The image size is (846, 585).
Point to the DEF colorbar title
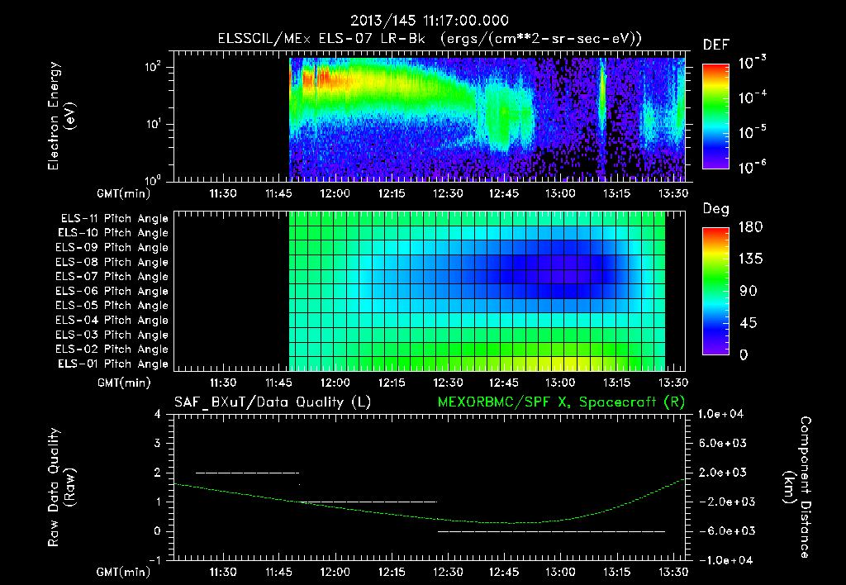tap(715, 45)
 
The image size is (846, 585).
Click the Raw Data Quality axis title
tap(61, 487)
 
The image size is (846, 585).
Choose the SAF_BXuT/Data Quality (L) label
tap(272, 402)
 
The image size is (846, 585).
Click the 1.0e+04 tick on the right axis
tap(723, 414)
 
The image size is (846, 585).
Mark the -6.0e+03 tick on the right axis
tap(723, 530)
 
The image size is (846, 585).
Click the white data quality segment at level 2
tap(247, 473)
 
